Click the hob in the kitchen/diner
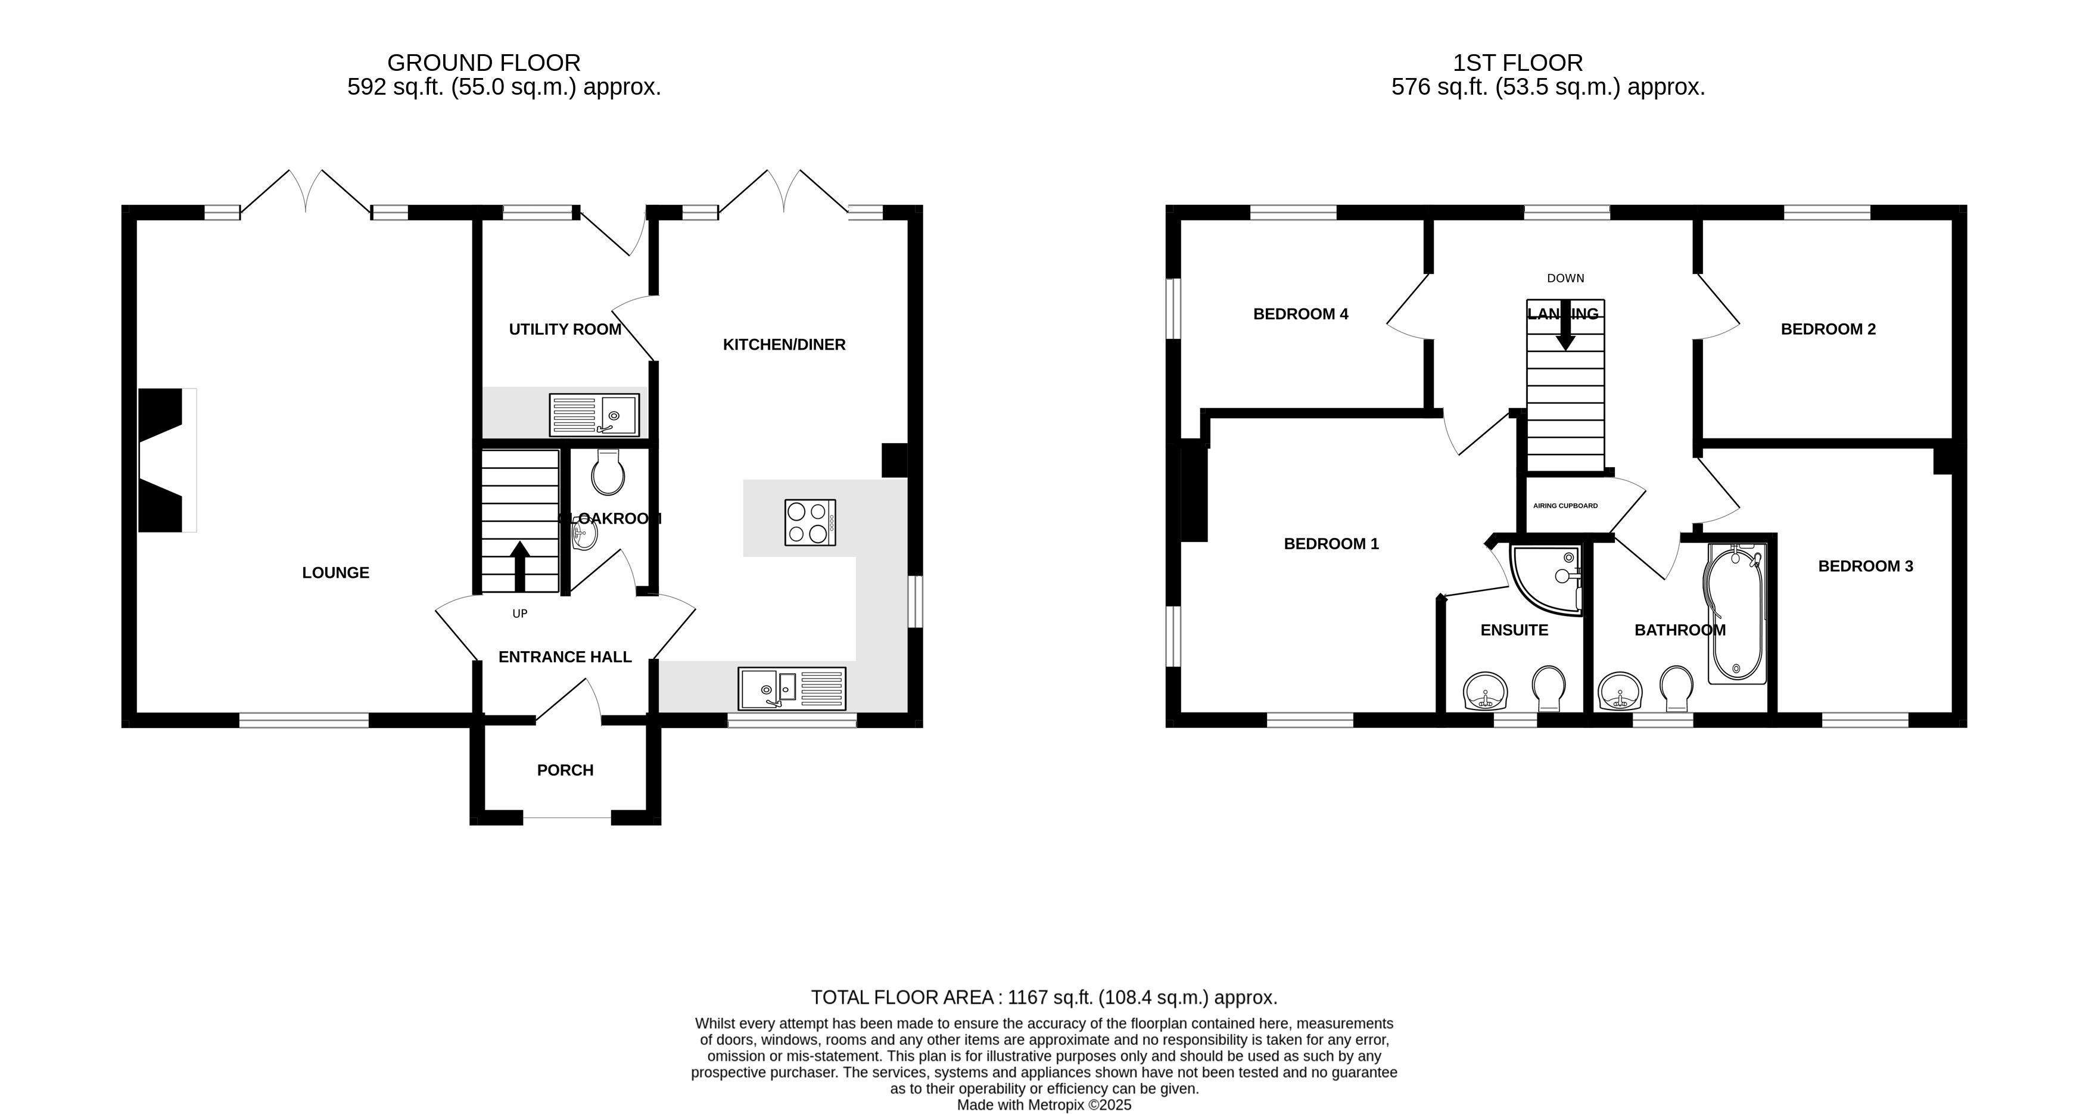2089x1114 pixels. point(810,522)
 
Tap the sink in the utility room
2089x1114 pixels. point(594,415)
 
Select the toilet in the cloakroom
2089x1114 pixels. point(608,472)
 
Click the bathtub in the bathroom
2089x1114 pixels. point(1736,614)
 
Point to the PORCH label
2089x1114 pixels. point(565,770)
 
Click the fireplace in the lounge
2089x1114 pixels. point(166,460)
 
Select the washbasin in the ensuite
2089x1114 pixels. point(1486,692)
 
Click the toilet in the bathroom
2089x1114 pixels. point(1676,687)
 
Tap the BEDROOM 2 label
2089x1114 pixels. point(1828,329)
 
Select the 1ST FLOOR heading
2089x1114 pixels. point(1517,63)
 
